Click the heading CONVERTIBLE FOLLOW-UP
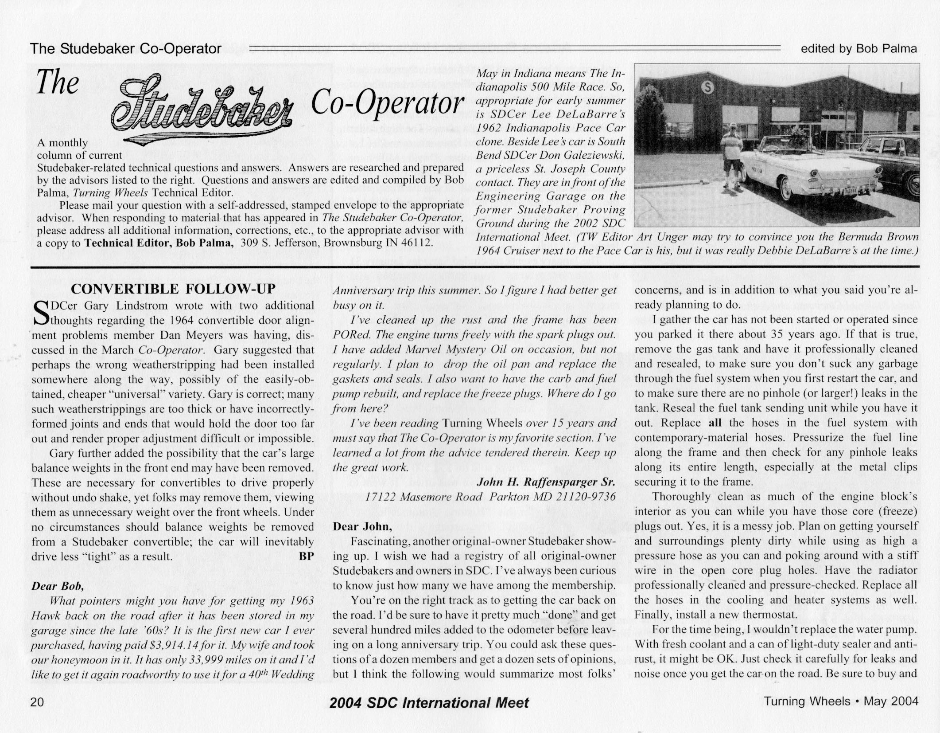[x=173, y=289]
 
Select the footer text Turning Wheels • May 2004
[x=841, y=701]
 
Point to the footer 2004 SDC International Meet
[x=429, y=703]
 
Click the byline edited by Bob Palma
[x=858, y=49]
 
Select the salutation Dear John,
[x=362, y=526]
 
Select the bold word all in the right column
[x=715, y=423]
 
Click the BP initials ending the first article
[x=306, y=556]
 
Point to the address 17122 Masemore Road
[x=423, y=497]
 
